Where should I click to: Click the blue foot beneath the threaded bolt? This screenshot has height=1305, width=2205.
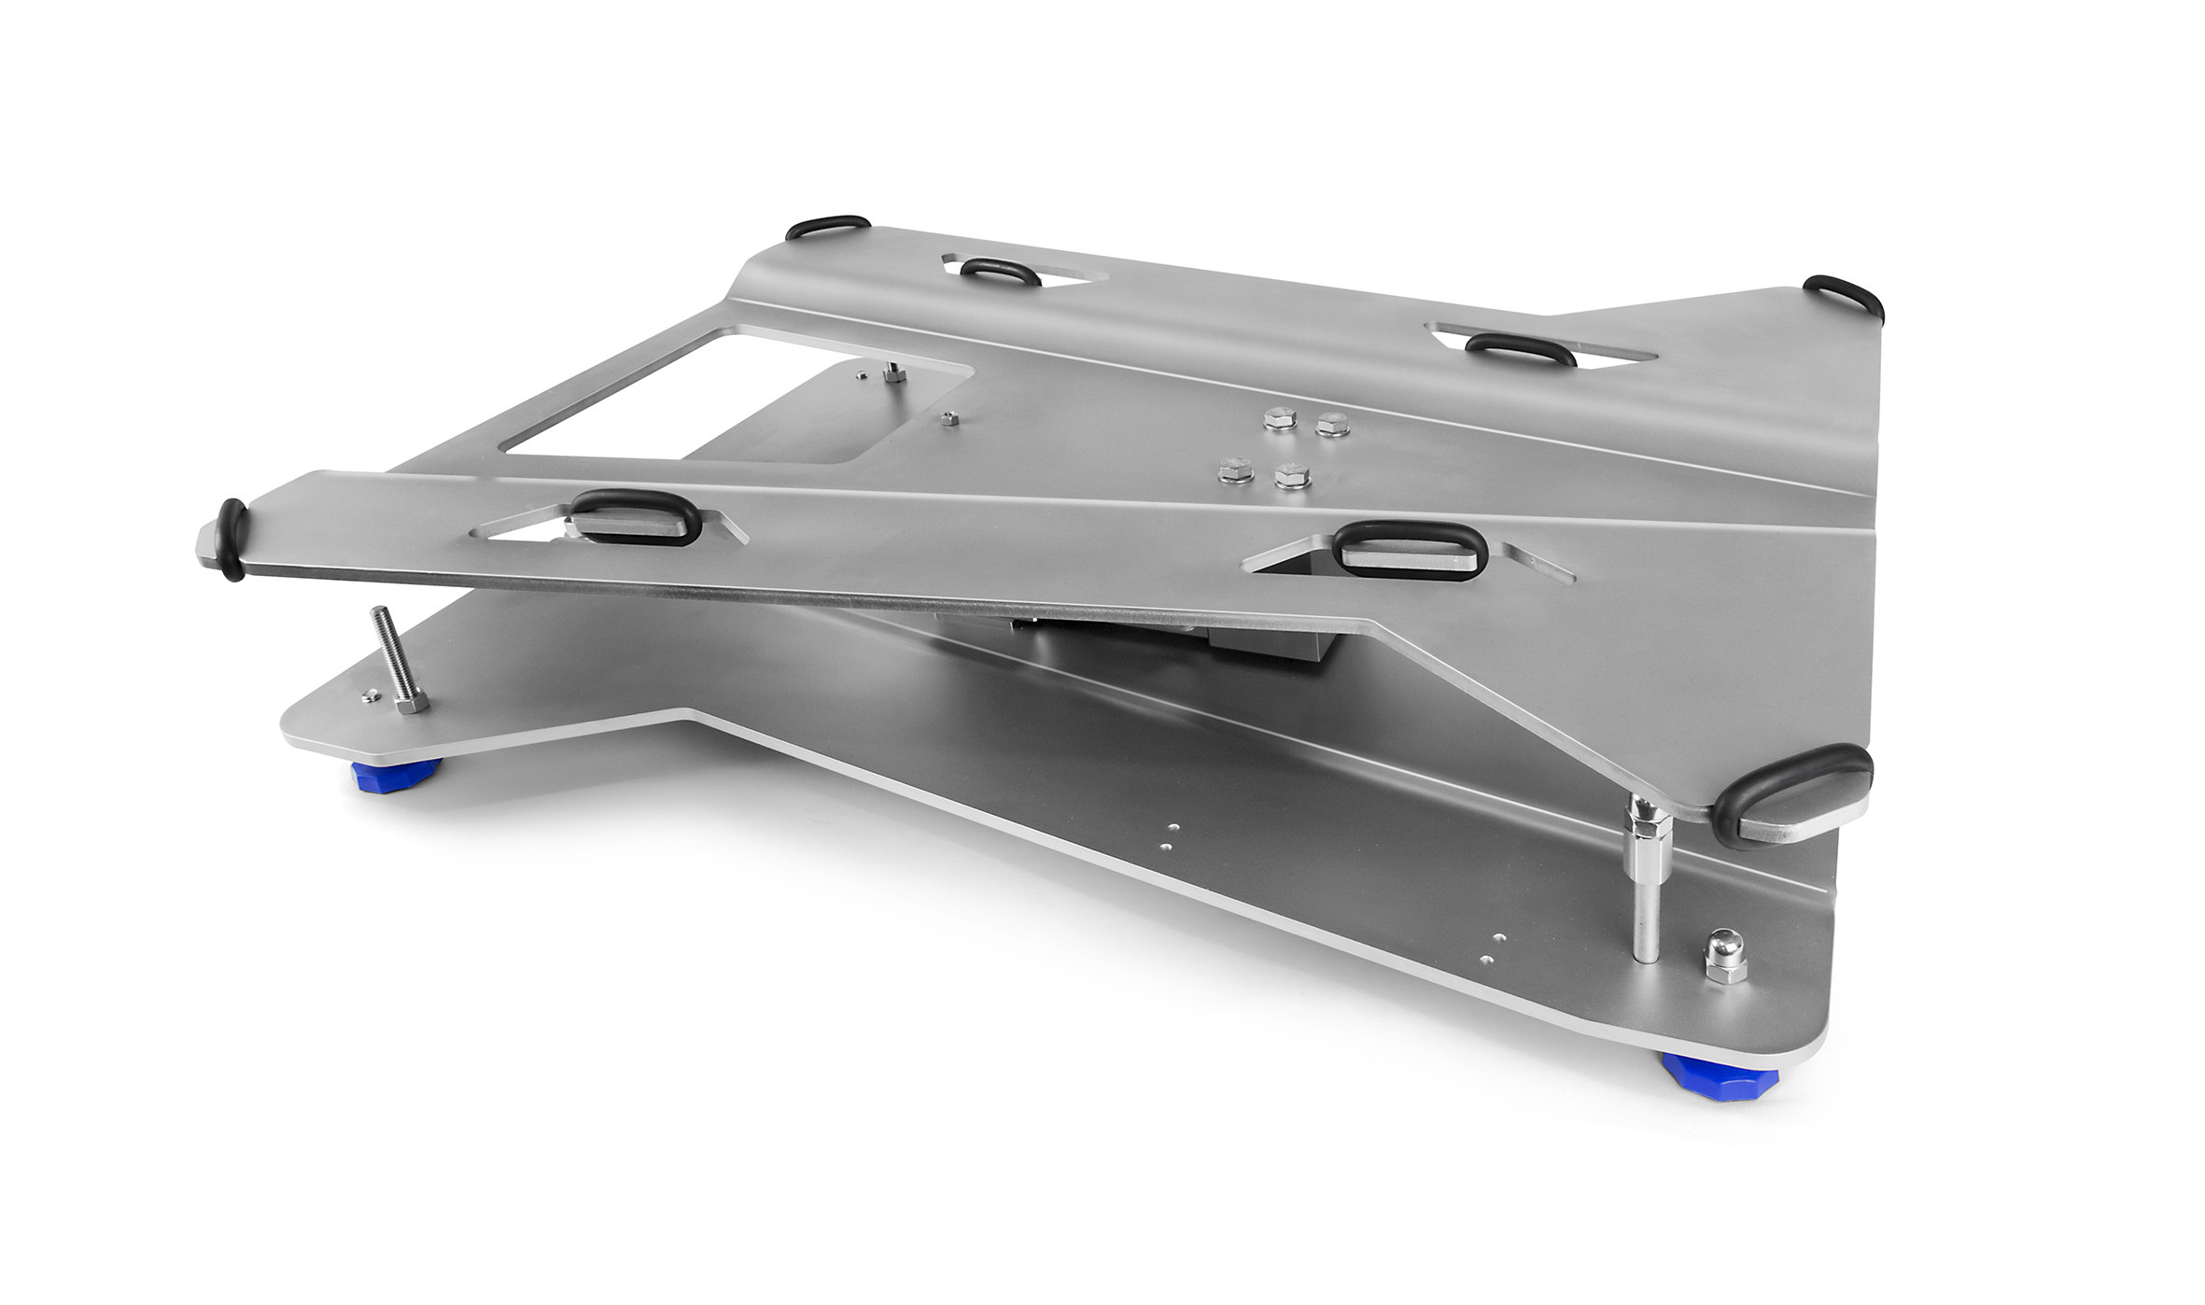click(396, 774)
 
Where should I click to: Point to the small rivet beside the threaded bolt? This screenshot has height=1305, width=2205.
click(370, 694)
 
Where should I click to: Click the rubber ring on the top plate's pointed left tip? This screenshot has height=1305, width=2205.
click(232, 540)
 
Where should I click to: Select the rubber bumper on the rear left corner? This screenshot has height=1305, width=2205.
click(827, 226)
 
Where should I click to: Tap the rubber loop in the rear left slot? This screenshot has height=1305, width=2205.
click(1000, 272)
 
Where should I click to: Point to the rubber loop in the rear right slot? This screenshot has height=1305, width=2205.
click(1521, 348)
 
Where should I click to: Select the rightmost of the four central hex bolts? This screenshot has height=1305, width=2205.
click(1332, 424)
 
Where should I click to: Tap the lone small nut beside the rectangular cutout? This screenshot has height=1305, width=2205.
click(948, 418)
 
